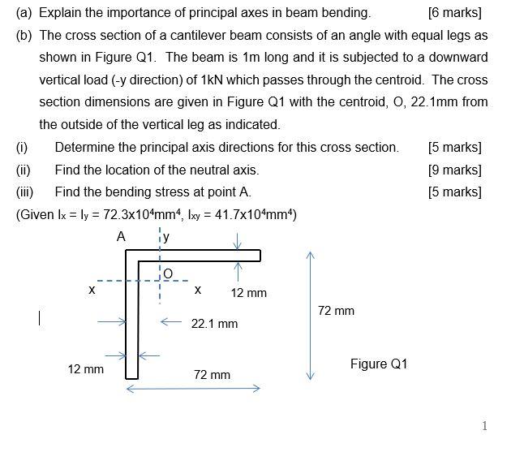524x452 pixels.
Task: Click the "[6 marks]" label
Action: pos(453,13)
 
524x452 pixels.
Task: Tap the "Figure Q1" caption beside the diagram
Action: pos(379,364)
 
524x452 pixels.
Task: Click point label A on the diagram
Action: pos(121,237)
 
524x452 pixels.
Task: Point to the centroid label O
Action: pos(168,273)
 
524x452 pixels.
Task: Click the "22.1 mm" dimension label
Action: pos(214,324)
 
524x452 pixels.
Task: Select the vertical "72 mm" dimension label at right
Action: pos(336,311)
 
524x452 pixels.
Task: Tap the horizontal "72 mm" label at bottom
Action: pos(212,375)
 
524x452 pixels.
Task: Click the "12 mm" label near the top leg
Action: pos(248,293)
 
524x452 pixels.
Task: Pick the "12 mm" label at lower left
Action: pos(85,369)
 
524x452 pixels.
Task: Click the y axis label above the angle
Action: pos(165,237)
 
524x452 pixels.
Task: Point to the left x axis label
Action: pos(92,290)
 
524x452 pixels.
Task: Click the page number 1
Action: pos(484,426)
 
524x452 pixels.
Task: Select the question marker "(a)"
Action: pos(24,13)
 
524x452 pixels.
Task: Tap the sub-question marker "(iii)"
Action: pos(24,192)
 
